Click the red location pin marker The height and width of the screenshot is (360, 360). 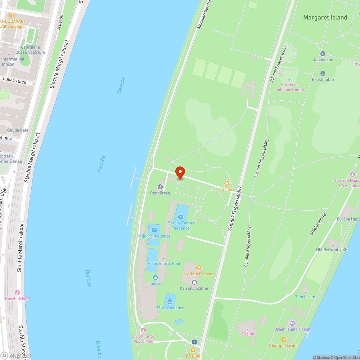(x=180, y=172)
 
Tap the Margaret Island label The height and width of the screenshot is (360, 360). (x=325, y=17)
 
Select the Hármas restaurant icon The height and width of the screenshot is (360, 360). (x=227, y=183)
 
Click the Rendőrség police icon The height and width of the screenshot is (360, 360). (x=160, y=186)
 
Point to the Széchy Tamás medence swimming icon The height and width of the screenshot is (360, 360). (x=180, y=217)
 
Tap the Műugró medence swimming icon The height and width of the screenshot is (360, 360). (x=154, y=230)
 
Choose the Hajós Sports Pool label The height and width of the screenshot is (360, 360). (x=164, y=264)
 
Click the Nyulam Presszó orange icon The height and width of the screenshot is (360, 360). (x=198, y=267)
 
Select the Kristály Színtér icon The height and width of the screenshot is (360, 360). (x=194, y=282)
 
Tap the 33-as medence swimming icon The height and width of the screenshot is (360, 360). (x=170, y=302)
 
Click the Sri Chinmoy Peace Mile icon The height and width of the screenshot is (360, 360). (x=143, y=330)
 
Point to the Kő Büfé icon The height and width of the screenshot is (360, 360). (x=193, y=350)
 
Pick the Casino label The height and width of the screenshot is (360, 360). (x=248, y=334)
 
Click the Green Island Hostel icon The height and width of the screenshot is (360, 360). (x=292, y=323)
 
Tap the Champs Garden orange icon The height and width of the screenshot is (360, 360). (x=284, y=339)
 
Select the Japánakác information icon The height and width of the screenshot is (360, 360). (x=323, y=53)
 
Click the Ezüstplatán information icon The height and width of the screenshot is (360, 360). (x=323, y=73)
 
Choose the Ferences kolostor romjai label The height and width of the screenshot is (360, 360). (x=290, y=87)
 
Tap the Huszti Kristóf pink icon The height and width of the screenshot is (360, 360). (x=17, y=292)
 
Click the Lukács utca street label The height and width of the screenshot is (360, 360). (x=14, y=82)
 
